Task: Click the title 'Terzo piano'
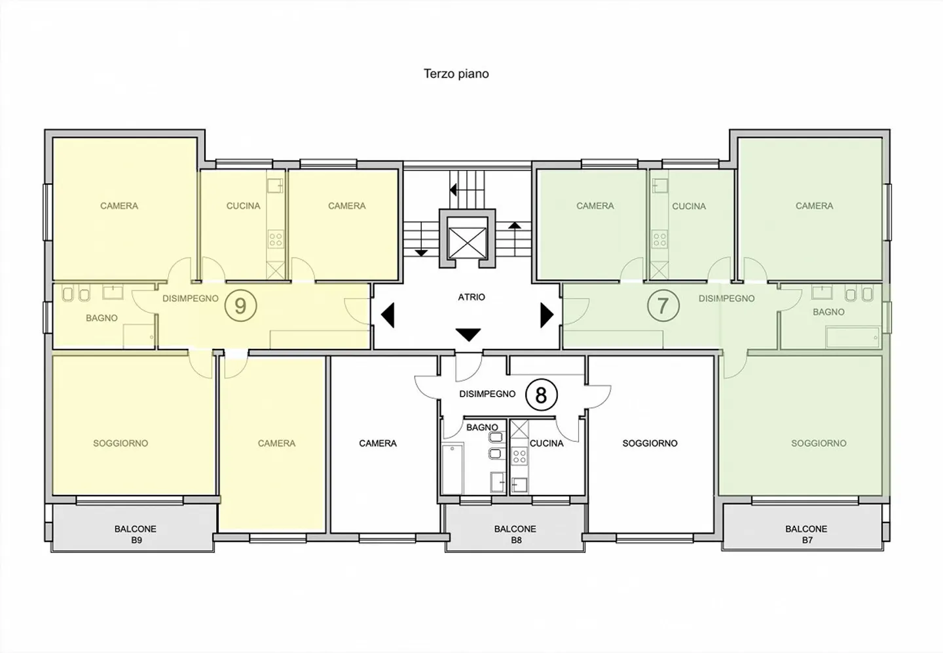(456, 74)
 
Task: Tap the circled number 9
(240, 306)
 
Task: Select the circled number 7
(663, 306)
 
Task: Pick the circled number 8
(541, 395)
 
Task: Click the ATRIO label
(471, 297)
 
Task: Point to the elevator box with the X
(468, 243)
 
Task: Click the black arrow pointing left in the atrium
(388, 315)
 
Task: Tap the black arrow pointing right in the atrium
(547, 315)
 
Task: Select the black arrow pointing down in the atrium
(468, 335)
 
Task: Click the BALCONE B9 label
(136, 534)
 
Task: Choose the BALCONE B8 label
(515, 534)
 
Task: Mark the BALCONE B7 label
(806, 534)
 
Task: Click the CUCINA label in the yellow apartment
(244, 206)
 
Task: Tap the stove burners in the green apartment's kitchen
(659, 240)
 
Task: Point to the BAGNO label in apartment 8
(482, 427)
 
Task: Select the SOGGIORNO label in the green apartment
(819, 443)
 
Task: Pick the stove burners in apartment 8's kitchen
(519, 456)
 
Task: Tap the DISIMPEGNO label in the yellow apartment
(191, 298)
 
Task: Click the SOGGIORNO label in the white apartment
(650, 443)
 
